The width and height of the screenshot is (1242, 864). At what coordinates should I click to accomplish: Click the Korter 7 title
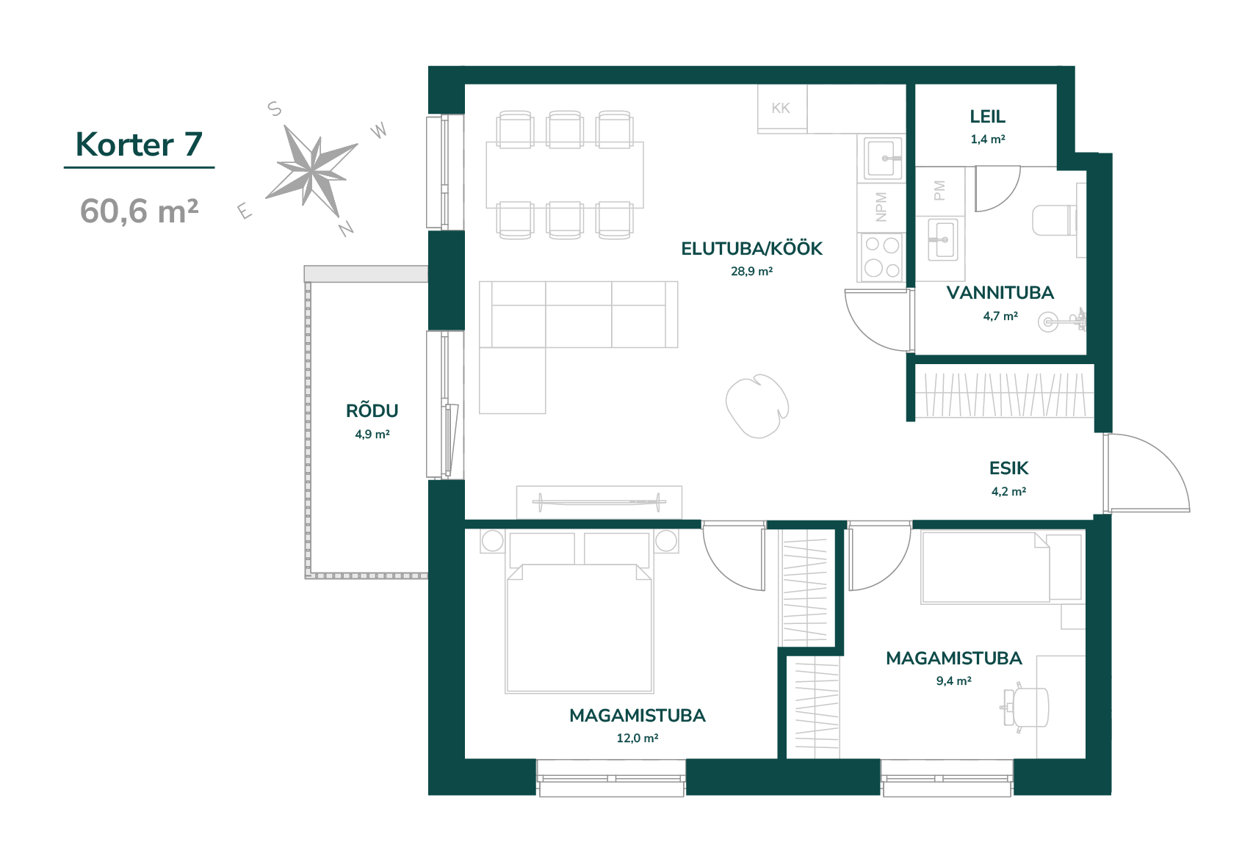coord(139,145)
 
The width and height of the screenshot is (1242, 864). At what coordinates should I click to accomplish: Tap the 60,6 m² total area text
coord(139,211)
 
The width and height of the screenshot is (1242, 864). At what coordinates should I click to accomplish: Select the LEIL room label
coord(987,117)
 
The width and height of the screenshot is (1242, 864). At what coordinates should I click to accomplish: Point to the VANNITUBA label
coord(1000,293)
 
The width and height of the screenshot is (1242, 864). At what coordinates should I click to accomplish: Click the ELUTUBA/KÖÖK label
coord(751,248)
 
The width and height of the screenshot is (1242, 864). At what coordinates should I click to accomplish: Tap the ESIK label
coord(1008,468)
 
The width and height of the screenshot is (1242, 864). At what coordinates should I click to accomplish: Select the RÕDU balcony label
coord(372,410)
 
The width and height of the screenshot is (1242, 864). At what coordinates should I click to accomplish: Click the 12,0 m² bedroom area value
coord(637,738)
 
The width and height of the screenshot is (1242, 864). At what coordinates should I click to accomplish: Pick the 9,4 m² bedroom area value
coord(953,680)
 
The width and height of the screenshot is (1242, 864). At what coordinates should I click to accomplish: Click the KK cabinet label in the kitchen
coord(781,108)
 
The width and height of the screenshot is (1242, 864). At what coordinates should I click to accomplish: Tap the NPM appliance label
coord(881,207)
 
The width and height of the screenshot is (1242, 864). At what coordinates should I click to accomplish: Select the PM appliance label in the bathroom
coord(939,190)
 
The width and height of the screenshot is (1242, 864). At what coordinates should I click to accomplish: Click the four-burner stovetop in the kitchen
coord(881,257)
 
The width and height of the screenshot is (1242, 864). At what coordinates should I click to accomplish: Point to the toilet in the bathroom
coord(1054,220)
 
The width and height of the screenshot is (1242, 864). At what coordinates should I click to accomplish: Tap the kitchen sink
coord(881,158)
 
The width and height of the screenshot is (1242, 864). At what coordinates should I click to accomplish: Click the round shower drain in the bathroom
coord(1048,322)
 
